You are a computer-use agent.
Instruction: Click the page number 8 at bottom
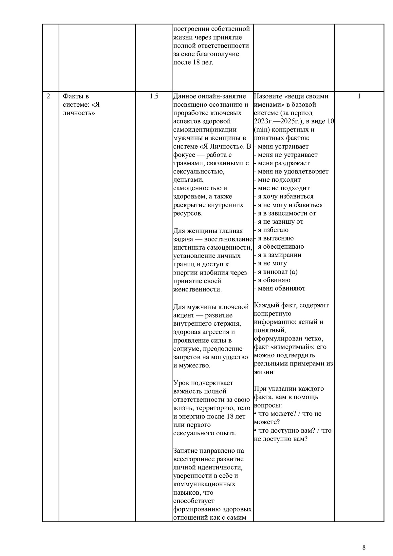[x=364, y=547]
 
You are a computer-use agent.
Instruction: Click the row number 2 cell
[x=49, y=96]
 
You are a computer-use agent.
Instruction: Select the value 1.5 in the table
[x=154, y=96]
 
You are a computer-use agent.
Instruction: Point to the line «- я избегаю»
[x=271, y=230]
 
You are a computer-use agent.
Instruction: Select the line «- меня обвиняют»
[x=279, y=288]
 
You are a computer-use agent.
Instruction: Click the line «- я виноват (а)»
[x=276, y=272]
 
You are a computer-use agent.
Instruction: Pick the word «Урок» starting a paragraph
[x=182, y=383]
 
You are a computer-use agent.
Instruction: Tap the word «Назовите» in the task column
[x=269, y=96]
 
